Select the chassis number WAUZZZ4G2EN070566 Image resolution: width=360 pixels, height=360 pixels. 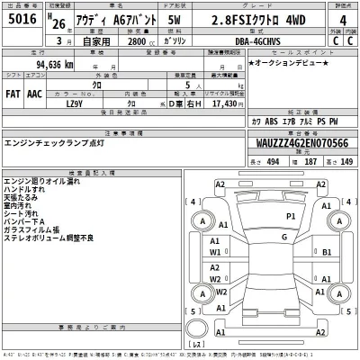click(302, 142)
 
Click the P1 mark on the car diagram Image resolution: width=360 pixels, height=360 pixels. click(290, 217)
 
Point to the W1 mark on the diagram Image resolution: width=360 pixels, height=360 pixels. click(216, 253)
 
